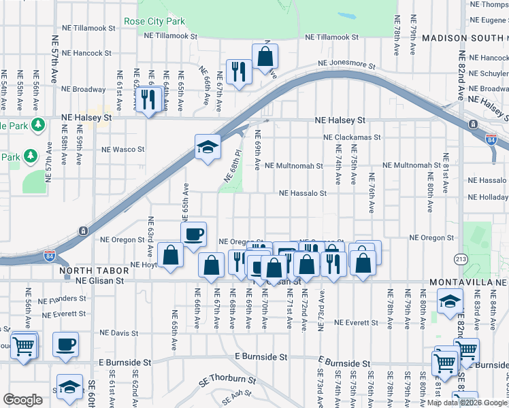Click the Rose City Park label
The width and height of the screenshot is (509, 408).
pos(154,21)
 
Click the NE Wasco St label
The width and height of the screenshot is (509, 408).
pos(123,149)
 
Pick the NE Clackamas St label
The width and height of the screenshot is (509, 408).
pos(352,137)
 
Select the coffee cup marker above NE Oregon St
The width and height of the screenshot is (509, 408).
pos(194,234)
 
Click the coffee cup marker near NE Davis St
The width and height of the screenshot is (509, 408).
pos(65,344)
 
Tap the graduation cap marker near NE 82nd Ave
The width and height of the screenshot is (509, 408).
pos(450,301)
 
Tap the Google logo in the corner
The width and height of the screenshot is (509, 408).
pos(22,400)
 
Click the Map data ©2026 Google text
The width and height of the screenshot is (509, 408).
pos(466,403)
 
